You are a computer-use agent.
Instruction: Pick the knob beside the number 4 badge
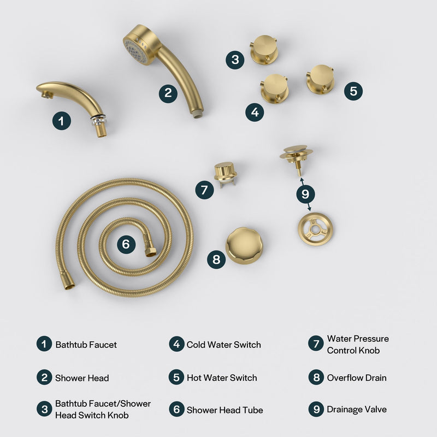click(274, 88)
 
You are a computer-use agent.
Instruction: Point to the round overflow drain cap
click(244, 246)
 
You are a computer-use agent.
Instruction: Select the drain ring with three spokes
click(316, 229)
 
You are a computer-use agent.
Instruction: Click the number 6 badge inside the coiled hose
click(126, 244)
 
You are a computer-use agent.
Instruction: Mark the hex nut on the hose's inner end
click(151, 251)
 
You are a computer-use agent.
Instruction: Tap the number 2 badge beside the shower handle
click(168, 92)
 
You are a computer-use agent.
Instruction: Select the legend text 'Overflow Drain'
click(357, 378)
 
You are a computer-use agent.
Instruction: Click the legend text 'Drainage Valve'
click(357, 409)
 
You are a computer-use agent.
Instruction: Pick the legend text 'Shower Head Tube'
click(225, 410)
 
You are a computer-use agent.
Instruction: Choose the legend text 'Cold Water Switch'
click(223, 345)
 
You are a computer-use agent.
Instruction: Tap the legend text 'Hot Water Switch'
click(221, 378)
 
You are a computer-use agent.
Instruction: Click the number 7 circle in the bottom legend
click(316, 344)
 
